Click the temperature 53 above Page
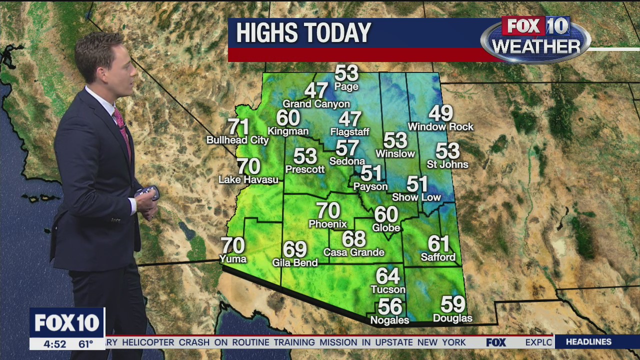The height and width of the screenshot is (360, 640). [346, 73]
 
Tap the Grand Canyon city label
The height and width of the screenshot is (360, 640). [316, 104]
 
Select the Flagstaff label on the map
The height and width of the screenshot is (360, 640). [349, 132]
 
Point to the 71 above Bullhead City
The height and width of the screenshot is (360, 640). [238, 127]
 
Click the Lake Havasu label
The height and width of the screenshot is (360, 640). [248, 179]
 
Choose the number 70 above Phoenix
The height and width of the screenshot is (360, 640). [328, 210]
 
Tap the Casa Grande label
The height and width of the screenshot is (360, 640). [353, 252]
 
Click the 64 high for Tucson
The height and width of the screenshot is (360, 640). [387, 276]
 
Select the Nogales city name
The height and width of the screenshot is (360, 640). [389, 320]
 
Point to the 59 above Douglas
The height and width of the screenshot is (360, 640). [452, 304]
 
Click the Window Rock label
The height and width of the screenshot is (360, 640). [440, 127]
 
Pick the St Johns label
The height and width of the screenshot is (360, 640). [447, 164]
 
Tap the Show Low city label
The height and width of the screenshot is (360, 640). [416, 197]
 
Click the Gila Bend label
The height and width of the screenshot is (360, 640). [294, 262]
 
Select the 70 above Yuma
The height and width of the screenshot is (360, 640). [232, 245]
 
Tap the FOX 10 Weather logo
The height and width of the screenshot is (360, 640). [535, 39]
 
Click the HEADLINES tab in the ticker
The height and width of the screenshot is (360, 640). [588, 342]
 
